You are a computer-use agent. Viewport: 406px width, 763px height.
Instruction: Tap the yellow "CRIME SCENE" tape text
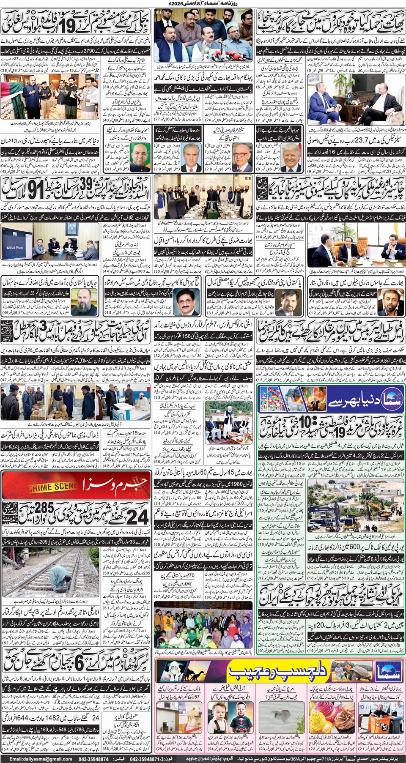[52, 487]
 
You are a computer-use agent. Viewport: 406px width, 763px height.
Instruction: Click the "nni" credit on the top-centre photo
[158, 12]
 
